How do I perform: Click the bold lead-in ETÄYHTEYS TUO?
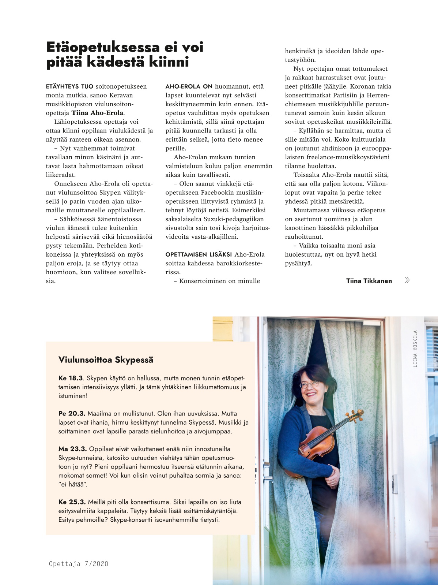pyautogui.click(x=69, y=87)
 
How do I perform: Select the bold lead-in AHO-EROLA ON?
pyautogui.click(x=189, y=87)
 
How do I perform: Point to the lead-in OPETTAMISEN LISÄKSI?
pyautogui.click(x=199, y=254)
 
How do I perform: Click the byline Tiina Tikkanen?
pyautogui.click(x=369, y=281)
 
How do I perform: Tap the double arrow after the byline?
pyautogui.click(x=407, y=280)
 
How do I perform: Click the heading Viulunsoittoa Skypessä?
pyautogui.click(x=106, y=360)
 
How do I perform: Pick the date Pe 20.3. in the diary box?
pyautogui.click(x=72, y=414)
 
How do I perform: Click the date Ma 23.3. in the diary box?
pyautogui.click(x=72, y=449)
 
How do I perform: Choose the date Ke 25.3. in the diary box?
pyautogui.click(x=72, y=502)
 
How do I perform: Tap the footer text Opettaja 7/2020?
pyautogui.click(x=79, y=564)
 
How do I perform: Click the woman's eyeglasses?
pyautogui.click(x=309, y=384)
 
